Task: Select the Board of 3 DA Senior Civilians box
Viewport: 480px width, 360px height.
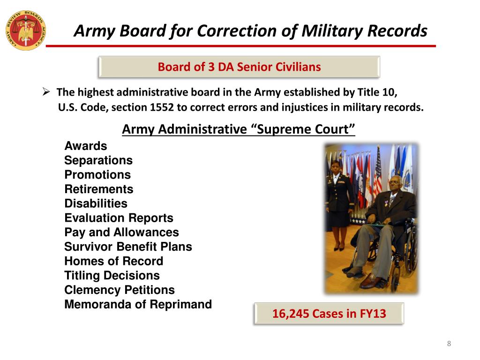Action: pyautogui.click(x=239, y=67)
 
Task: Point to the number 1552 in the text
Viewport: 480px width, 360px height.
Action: pyautogui.click(x=162, y=107)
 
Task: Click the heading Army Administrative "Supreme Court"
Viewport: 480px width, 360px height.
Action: pyautogui.click(x=239, y=129)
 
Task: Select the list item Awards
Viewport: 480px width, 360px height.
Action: pyautogui.click(x=86, y=146)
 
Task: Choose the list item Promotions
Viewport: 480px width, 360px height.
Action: pyautogui.click(x=97, y=175)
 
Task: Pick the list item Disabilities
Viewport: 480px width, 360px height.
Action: pyautogui.click(x=96, y=203)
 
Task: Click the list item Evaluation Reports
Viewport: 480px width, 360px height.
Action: pyautogui.click(x=119, y=218)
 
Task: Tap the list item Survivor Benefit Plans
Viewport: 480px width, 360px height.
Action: pyautogui.click(x=128, y=247)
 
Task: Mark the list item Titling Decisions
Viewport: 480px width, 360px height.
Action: pyautogui.click(x=112, y=276)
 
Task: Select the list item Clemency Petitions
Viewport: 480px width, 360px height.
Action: pyautogui.click(x=120, y=290)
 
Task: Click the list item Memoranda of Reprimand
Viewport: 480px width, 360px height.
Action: pyautogui.click(x=138, y=305)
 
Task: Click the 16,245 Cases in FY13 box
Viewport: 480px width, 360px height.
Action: pyautogui.click(x=329, y=314)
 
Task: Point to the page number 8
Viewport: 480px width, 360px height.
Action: pyautogui.click(x=449, y=344)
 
